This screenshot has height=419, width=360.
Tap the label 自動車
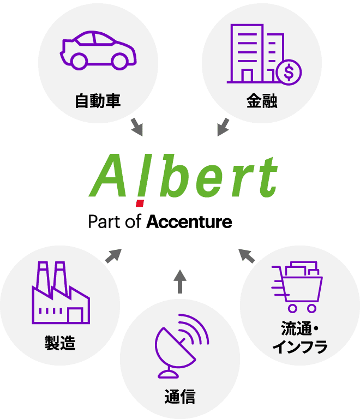(98, 101)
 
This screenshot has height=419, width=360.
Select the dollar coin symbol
(289, 73)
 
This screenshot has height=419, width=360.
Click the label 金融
(262, 101)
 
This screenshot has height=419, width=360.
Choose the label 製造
(60, 343)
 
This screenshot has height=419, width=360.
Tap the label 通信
(180, 396)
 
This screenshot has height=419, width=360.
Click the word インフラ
(299, 347)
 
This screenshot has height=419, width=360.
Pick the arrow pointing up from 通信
(180, 282)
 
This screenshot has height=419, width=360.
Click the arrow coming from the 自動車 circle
(137, 127)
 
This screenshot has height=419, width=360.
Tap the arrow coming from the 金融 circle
(223, 127)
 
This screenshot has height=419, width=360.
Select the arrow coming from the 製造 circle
(113, 256)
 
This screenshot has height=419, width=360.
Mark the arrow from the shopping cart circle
(247, 256)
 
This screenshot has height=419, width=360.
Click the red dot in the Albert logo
(140, 203)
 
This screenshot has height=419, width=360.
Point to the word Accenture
(189, 222)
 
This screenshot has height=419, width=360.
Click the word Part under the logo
(104, 222)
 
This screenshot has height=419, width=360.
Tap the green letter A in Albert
(107, 175)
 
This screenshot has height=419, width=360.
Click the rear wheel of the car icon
(79, 61)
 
